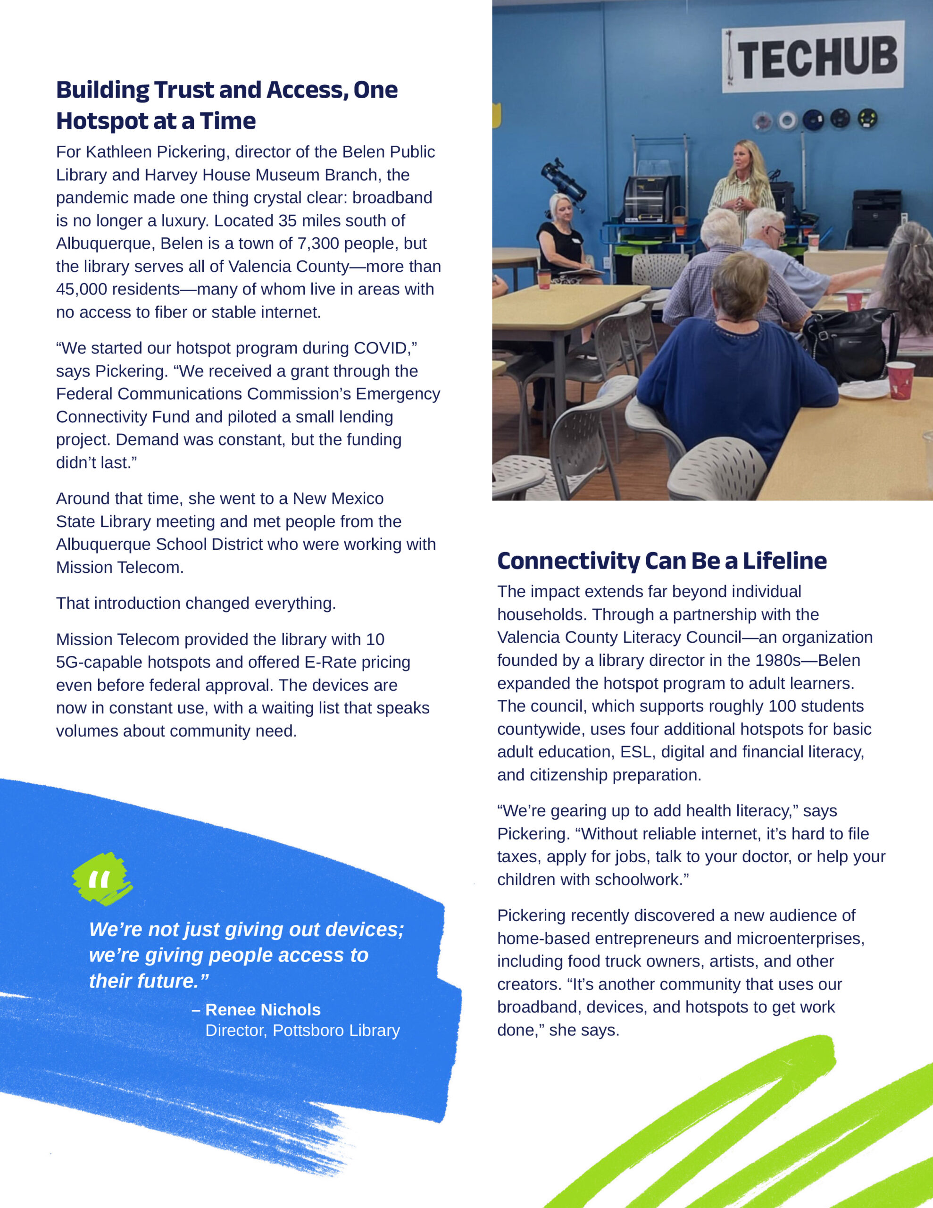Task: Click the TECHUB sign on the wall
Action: click(813, 57)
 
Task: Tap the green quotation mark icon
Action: click(102, 879)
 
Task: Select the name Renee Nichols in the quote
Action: click(263, 1009)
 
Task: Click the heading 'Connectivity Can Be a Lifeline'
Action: click(661, 561)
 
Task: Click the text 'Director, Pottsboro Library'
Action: click(302, 1031)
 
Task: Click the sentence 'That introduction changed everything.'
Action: click(196, 603)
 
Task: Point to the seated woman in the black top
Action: click(560, 238)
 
